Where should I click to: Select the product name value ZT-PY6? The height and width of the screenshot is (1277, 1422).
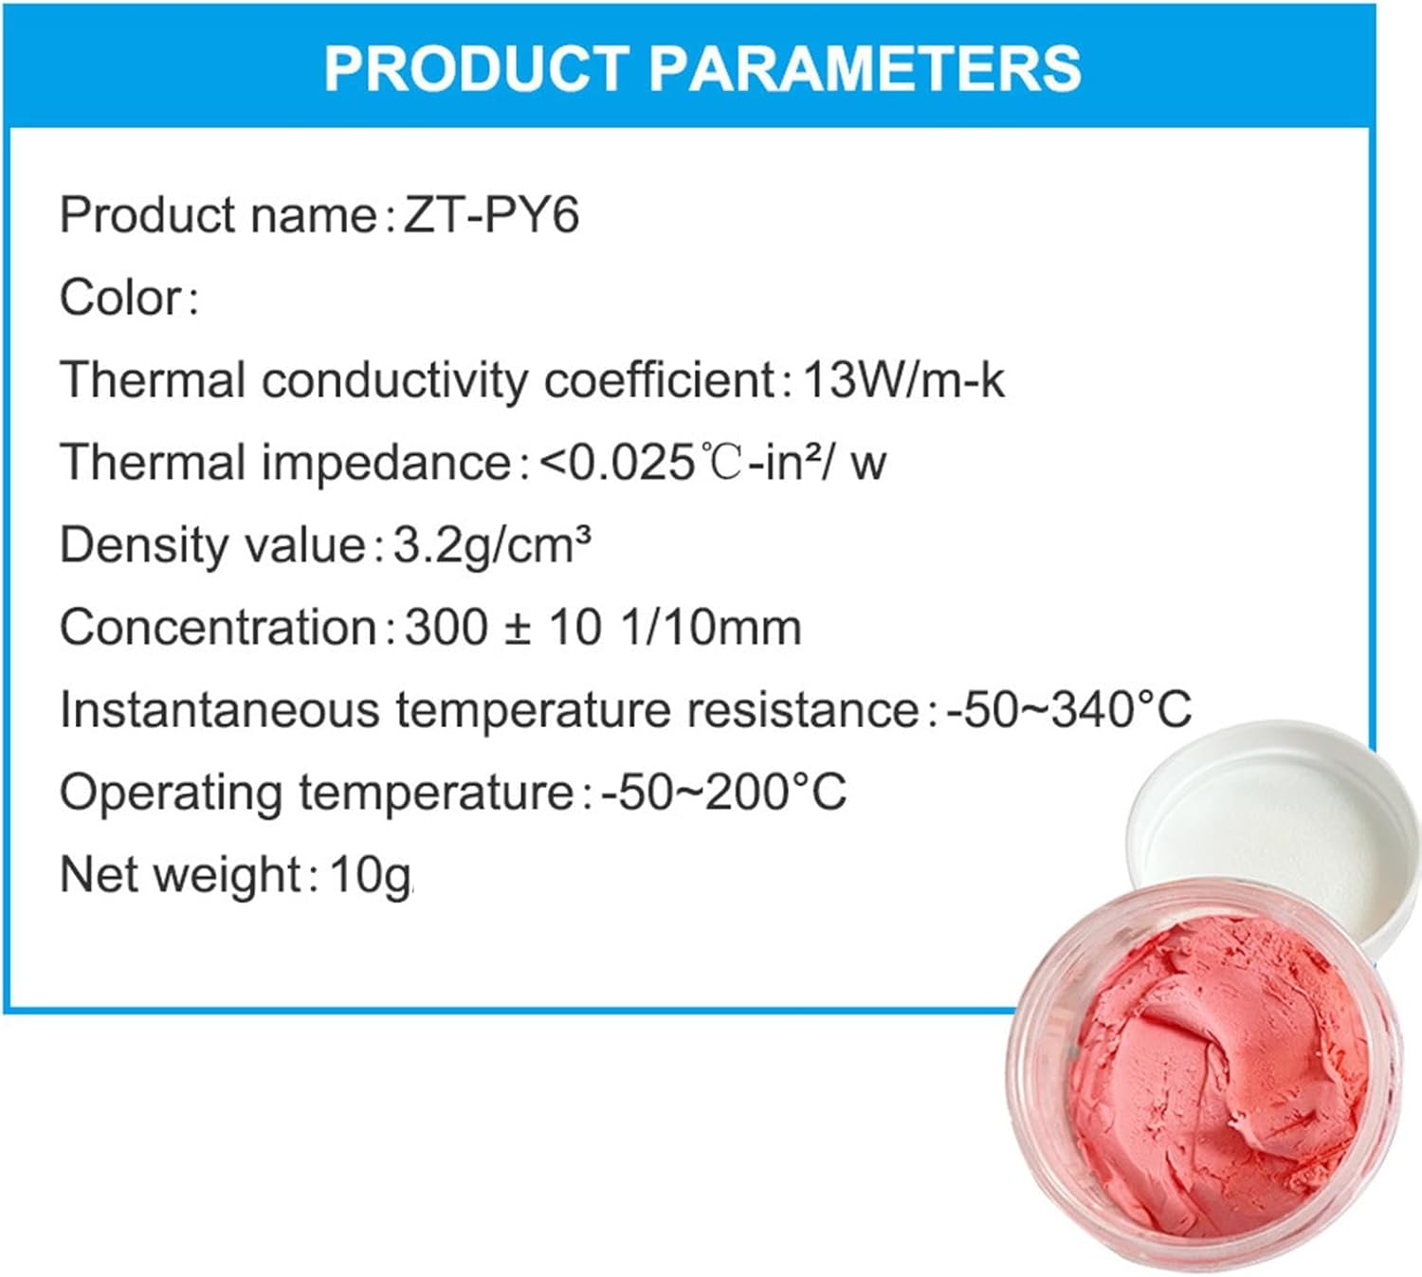coord(491,215)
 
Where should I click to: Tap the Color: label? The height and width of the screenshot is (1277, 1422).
coord(129,298)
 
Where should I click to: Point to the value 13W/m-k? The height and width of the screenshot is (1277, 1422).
coord(903,380)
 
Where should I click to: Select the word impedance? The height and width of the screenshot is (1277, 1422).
coord(386,463)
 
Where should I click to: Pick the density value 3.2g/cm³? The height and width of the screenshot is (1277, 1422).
coord(492,545)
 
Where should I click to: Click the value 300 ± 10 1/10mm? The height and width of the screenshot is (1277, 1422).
coord(603,628)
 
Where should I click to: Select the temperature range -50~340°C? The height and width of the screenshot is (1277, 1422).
coord(1069,709)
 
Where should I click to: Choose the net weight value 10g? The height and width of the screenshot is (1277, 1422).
coord(370,874)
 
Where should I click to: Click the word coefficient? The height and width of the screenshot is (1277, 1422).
coord(660,380)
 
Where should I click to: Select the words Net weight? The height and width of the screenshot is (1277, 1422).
coord(179,874)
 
